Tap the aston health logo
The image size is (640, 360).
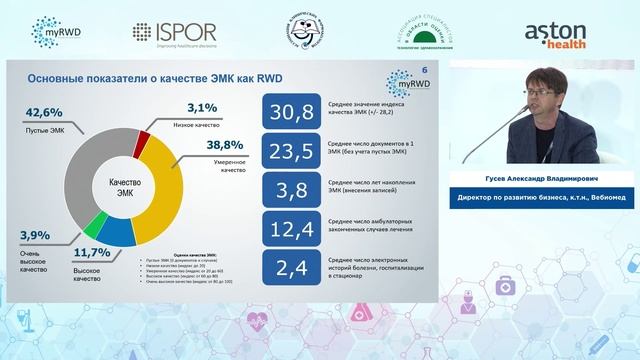(562, 32)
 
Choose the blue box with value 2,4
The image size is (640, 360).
(289, 268)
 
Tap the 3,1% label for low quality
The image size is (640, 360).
(203, 107)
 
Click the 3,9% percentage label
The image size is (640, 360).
(36, 235)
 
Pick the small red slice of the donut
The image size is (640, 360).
(143, 138)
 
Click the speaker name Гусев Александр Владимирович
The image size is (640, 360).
(543, 180)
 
